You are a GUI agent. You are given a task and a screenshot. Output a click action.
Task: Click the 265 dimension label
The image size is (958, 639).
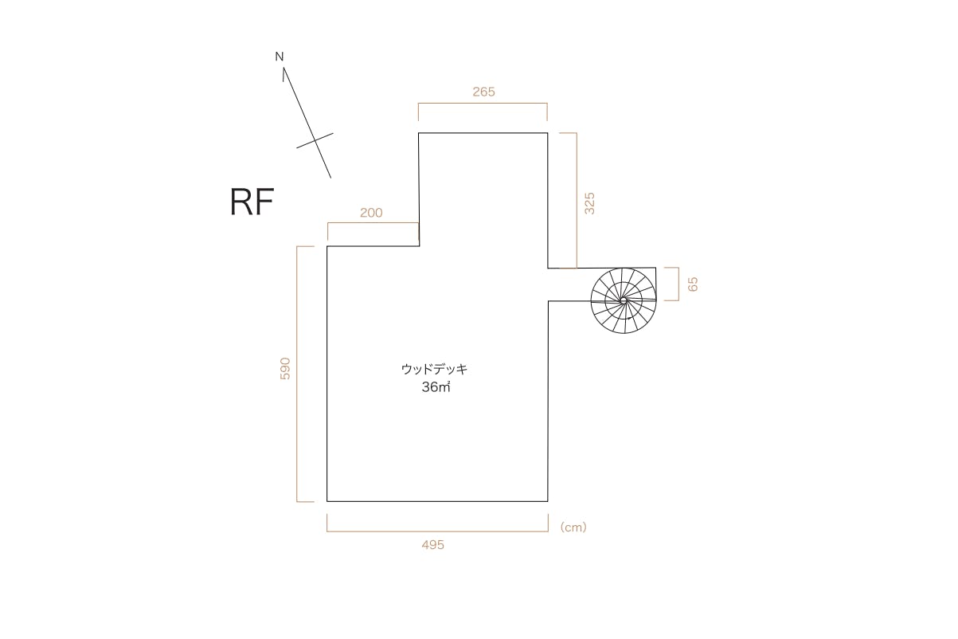tap(483, 92)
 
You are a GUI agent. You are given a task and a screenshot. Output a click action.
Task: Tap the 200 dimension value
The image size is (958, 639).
tap(371, 213)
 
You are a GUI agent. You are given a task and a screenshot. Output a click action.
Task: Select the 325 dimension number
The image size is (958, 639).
tap(589, 203)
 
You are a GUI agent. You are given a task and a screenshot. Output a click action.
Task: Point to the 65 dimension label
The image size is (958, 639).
tap(693, 284)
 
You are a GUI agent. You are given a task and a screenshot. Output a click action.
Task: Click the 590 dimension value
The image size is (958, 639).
tap(285, 369)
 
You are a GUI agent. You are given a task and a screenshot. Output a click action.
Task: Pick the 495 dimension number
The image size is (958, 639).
tap(432, 545)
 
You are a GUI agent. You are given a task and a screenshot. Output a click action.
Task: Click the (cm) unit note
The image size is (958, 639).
tap(573, 527)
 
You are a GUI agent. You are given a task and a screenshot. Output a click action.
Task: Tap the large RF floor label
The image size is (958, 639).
tap(252, 202)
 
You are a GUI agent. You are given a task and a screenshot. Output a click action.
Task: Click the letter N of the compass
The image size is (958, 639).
tap(280, 57)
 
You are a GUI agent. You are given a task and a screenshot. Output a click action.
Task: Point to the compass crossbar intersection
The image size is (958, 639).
tap(315, 140)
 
